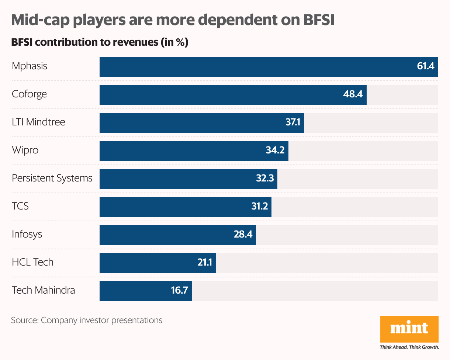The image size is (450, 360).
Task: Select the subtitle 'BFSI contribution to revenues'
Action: click(100, 42)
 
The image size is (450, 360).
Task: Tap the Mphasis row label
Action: click(30, 66)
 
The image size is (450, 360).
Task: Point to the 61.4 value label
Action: click(426, 67)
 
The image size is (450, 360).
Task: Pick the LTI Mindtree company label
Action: click(38, 122)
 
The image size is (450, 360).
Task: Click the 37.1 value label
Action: click(293, 123)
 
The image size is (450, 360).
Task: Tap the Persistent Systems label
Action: click(52, 178)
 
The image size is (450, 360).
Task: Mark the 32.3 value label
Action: click(265, 179)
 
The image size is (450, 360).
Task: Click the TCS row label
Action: click(20, 206)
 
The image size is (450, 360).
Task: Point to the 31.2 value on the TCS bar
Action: click(259, 207)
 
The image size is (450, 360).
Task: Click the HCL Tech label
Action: click(32, 262)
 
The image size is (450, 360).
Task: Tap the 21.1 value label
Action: click(205, 263)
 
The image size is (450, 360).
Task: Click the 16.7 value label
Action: click(180, 291)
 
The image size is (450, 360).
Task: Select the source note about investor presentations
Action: click(87, 320)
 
